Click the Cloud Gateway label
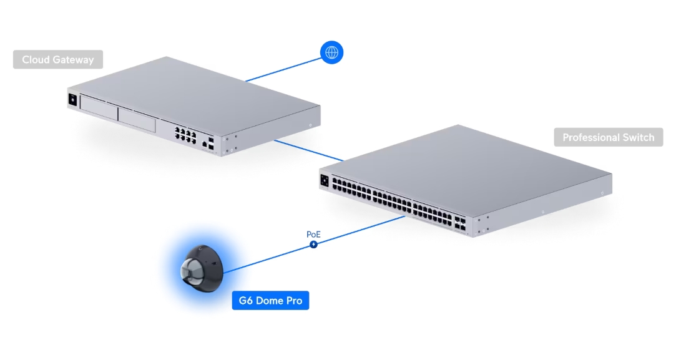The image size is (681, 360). tap(57, 60)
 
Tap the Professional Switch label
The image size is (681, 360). tap(608, 137)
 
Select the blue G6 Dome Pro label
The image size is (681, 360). tap(270, 301)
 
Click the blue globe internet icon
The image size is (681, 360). tap(331, 53)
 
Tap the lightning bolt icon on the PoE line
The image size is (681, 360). tap(313, 245)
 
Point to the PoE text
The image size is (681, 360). tap(313, 235)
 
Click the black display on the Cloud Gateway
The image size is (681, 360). tap(73, 100)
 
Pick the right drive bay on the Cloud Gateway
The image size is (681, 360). tap(136, 119)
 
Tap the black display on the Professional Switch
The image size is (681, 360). tap(325, 180)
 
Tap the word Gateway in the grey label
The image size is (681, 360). tap(72, 60)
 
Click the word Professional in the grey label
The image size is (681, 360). tap(591, 137)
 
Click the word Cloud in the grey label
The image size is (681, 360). tap(35, 60)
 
